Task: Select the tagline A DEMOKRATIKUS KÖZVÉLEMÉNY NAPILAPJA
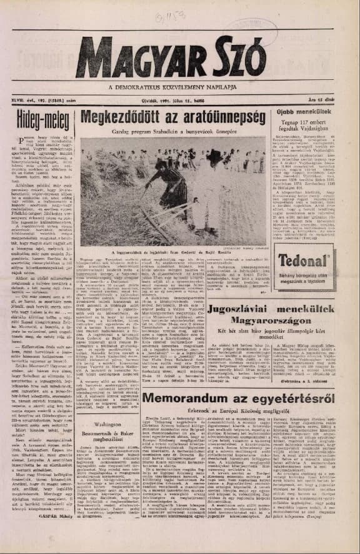pyautogui.click(x=180, y=87)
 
